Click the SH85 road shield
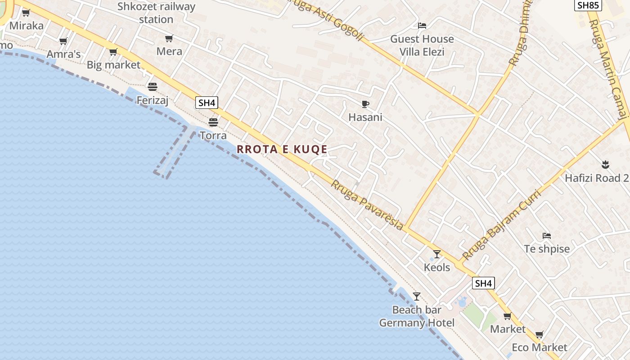click(x=588, y=5)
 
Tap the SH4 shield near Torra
click(x=207, y=103)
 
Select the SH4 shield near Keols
click(x=483, y=283)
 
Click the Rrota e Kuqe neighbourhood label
click(x=282, y=149)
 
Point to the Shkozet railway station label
click(x=156, y=13)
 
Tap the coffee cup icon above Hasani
click(x=365, y=104)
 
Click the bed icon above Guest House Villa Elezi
click(x=422, y=26)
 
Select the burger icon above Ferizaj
click(x=153, y=86)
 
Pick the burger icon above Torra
click(x=213, y=122)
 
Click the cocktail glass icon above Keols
click(x=436, y=254)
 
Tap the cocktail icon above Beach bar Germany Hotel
click(x=417, y=296)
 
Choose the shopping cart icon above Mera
click(x=169, y=39)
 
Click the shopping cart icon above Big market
click(x=113, y=52)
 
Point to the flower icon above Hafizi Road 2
click(x=605, y=165)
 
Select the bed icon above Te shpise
click(x=547, y=235)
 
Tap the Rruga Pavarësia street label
click(x=367, y=205)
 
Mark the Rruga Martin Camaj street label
click(x=610, y=67)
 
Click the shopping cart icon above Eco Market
click(x=540, y=334)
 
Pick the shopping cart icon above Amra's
click(x=63, y=41)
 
